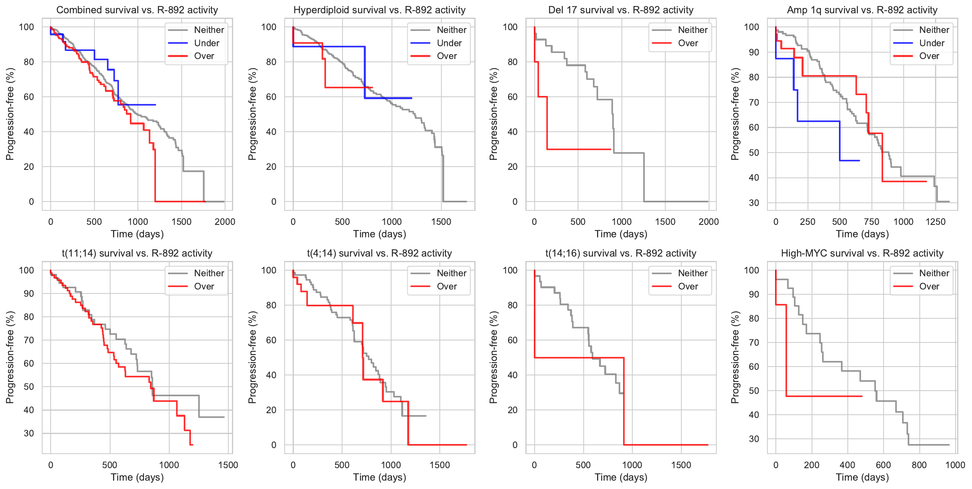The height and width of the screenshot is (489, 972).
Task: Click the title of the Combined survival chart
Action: [x=137, y=10]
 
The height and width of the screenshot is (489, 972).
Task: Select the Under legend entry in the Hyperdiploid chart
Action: [x=449, y=43]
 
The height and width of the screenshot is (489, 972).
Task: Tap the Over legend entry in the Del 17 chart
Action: [x=688, y=43]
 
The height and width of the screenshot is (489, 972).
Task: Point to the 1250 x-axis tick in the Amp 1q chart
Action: [x=935, y=222]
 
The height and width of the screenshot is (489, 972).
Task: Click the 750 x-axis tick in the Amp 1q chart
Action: [x=872, y=222]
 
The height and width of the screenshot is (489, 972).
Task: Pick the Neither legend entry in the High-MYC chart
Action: [x=934, y=273]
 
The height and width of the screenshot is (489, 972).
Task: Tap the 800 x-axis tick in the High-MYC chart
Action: [x=919, y=465]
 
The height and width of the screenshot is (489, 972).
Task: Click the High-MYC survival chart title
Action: [x=862, y=253]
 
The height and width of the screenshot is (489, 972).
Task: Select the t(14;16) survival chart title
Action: [x=621, y=253]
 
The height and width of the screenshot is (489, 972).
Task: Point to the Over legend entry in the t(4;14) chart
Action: [x=447, y=286]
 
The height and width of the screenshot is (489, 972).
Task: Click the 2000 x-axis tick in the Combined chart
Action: [x=225, y=222]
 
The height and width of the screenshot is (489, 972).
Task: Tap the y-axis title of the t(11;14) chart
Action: [x=10, y=357]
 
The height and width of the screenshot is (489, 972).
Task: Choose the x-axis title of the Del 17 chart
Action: [x=621, y=234]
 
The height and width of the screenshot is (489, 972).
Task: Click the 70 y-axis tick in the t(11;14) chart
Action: [x=29, y=340]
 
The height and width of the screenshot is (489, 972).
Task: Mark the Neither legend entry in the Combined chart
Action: [x=209, y=30]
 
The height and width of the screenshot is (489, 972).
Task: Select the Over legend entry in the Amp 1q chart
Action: [x=929, y=56]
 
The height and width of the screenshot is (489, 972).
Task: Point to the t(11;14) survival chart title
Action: [x=137, y=253]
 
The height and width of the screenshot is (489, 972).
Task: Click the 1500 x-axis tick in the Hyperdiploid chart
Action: [x=441, y=222]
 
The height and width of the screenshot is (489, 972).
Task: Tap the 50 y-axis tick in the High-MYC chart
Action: [x=754, y=391]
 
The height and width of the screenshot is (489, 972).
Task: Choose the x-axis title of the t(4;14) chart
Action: [x=379, y=477]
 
